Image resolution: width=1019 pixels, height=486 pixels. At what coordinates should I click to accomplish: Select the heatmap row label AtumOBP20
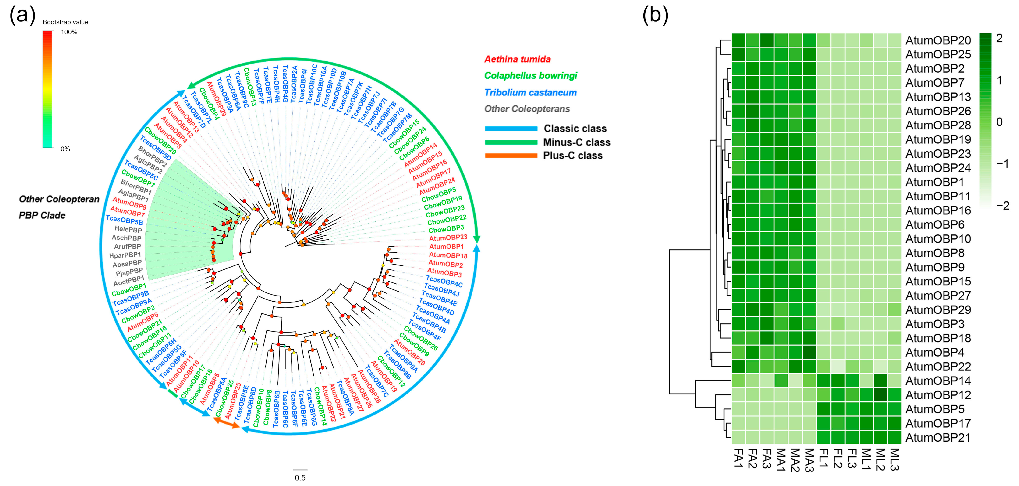938,40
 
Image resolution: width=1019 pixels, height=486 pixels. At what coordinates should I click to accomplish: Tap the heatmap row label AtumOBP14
938,381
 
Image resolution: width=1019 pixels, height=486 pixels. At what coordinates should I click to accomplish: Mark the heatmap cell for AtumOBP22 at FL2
838,366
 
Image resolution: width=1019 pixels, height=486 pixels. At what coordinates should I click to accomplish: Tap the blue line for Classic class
511,128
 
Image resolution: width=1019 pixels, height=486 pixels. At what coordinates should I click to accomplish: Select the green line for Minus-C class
511,142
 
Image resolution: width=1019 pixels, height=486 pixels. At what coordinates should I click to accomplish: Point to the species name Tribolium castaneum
530,93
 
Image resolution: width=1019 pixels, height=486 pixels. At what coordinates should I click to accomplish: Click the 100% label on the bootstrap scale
69,32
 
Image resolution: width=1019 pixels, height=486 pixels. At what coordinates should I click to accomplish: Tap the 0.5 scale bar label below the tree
300,478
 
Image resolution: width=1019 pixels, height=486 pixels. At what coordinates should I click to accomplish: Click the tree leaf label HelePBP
128,229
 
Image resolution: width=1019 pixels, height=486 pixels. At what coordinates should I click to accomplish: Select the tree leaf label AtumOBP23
448,238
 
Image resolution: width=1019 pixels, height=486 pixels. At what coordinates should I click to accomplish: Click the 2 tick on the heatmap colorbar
999,38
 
